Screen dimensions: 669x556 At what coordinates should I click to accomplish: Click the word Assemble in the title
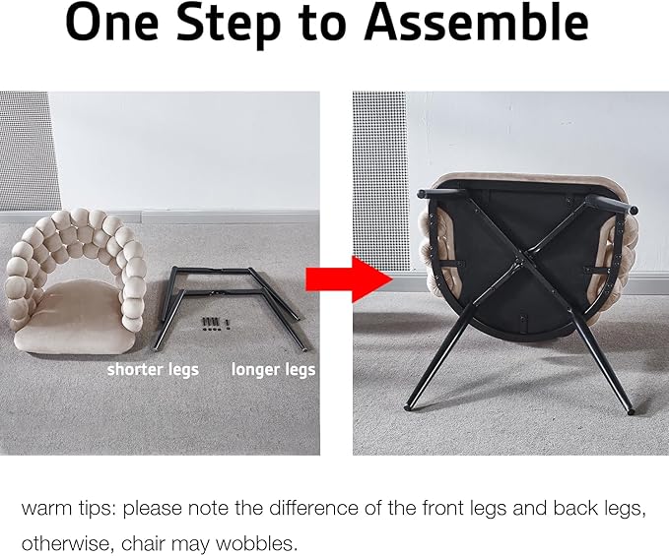coord(477,22)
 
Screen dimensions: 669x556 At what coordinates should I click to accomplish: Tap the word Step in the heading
coord(229,25)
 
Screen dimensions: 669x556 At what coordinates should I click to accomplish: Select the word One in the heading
coord(112,22)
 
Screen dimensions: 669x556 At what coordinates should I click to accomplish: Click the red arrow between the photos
coord(349,279)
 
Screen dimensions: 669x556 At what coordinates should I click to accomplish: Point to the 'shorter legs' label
coord(153,369)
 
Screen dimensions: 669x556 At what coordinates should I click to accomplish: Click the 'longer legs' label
coord(274,369)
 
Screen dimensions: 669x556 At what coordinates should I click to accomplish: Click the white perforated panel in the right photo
coord(379,181)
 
